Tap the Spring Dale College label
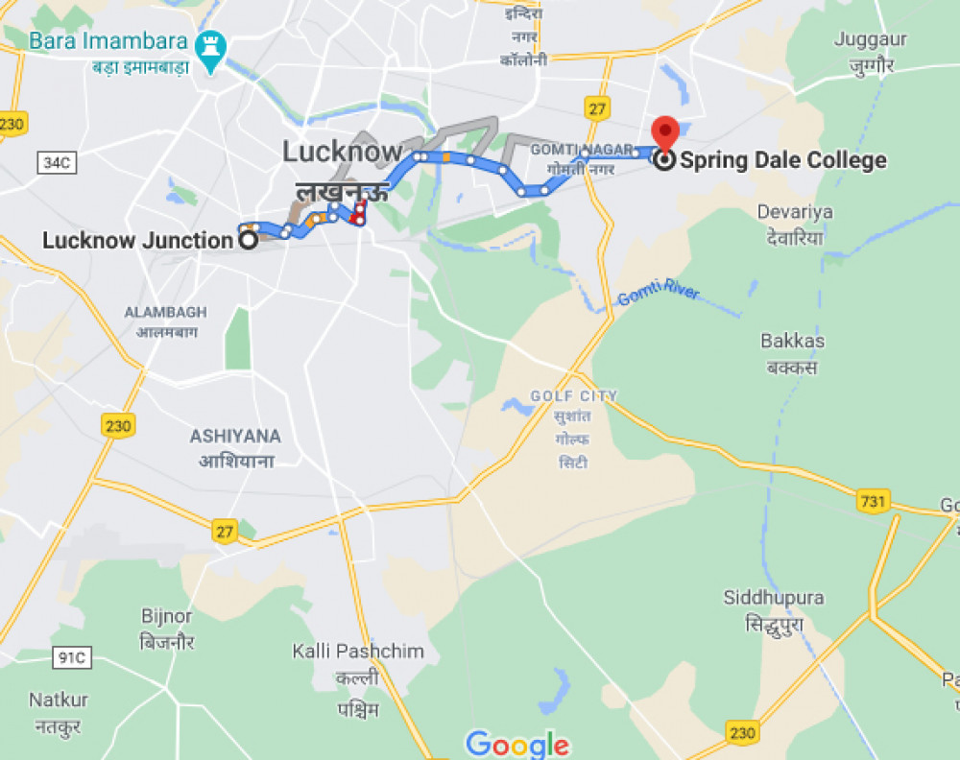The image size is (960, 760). point(782,160)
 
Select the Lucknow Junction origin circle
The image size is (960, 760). point(248,240)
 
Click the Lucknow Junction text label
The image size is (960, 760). point(138,240)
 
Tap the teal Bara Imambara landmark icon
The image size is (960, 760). point(209,44)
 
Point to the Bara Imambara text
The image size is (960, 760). point(108,41)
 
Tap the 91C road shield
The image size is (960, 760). point(70,658)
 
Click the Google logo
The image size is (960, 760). point(517,744)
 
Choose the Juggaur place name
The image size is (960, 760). point(871,39)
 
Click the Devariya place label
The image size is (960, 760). point(794,211)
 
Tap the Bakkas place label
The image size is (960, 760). point(792,341)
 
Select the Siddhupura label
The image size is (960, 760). point(773,598)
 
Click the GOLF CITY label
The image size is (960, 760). point(574,396)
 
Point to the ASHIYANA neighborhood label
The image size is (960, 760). point(235,436)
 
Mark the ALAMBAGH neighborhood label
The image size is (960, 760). point(165,312)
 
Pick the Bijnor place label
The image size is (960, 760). point(167,616)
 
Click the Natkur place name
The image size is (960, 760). point(59,700)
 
